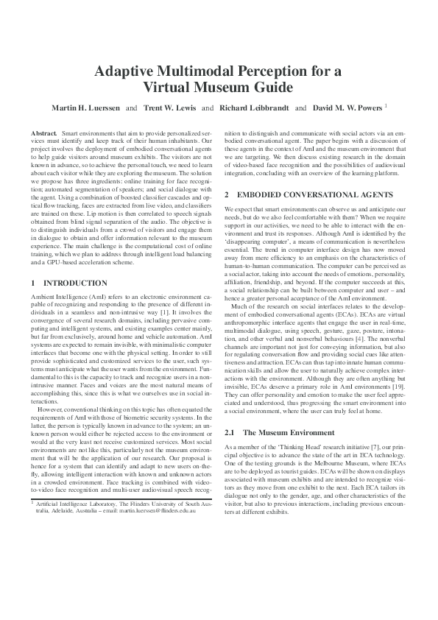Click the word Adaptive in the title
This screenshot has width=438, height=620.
127,71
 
